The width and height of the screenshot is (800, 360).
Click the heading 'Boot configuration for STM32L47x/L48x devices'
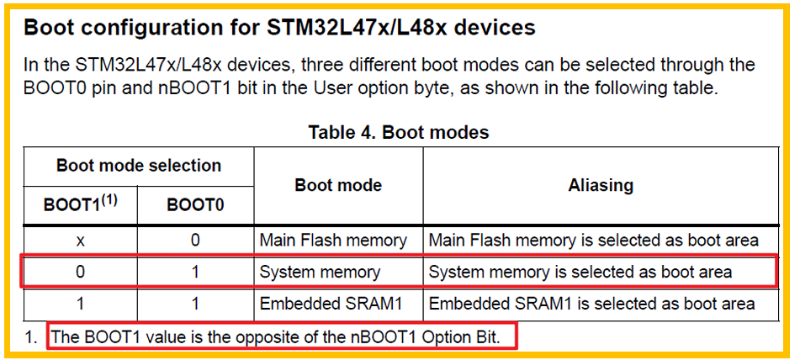click(279, 27)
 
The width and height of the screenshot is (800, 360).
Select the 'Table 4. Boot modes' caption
click(399, 132)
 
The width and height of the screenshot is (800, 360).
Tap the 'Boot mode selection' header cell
click(139, 166)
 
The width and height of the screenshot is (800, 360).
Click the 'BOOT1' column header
click(80, 204)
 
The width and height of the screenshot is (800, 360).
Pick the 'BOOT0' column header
click(195, 204)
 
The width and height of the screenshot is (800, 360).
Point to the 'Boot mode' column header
click(338, 185)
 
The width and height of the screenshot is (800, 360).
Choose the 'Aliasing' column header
click(601, 185)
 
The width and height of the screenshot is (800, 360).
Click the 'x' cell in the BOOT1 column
click(81, 241)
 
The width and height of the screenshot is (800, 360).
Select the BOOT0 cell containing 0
click(195, 241)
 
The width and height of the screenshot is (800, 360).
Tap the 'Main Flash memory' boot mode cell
click(333, 241)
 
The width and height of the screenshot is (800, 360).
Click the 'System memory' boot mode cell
click(320, 273)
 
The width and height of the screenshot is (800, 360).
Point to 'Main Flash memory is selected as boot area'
click(594, 241)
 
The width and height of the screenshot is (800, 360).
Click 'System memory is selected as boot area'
click(580, 273)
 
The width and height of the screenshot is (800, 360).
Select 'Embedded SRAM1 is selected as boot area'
click(592, 304)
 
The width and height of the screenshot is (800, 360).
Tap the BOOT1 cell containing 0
click(81, 273)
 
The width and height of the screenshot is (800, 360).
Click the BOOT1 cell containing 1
click(81, 304)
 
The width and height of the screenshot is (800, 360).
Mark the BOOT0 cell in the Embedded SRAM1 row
click(195, 304)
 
